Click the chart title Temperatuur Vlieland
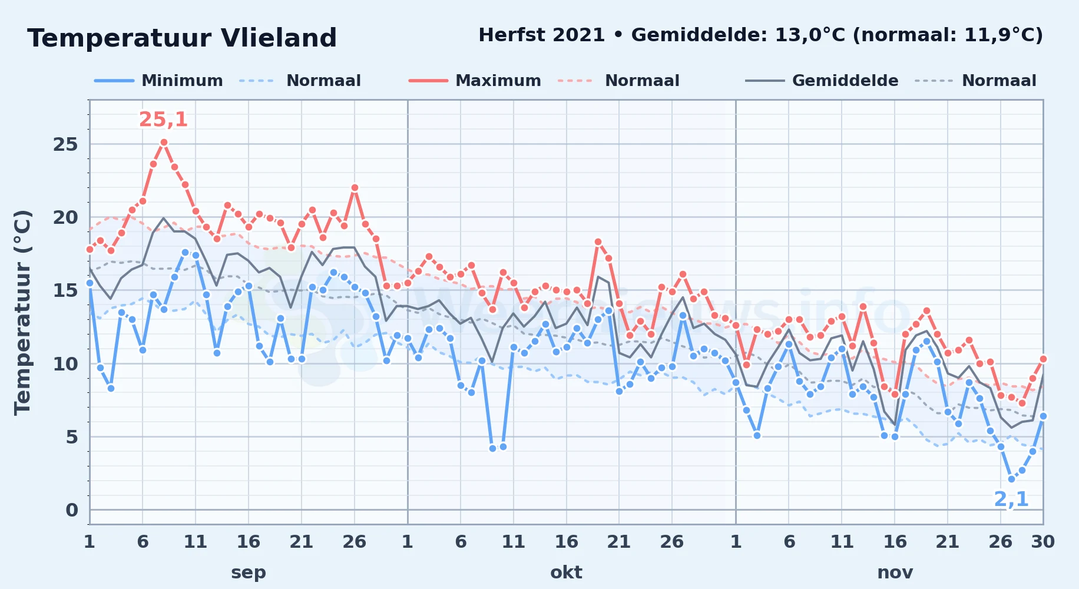pyautogui.click(x=182, y=38)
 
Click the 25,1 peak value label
pyautogui.click(x=163, y=120)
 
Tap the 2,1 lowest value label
pyautogui.click(x=1011, y=499)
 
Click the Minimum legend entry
pyautogui.click(x=159, y=81)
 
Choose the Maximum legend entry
pyautogui.click(x=475, y=81)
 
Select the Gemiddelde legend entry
pyautogui.click(x=822, y=81)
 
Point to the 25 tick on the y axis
pyautogui.click(x=65, y=144)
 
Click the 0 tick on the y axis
pyautogui.click(x=72, y=510)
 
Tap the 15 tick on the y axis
pyautogui.click(x=65, y=290)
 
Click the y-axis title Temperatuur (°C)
pyautogui.click(x=22, y=313)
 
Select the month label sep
pyautogui.click(x=249, y=572)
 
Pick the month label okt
pyautogui.click(x=566, y=572)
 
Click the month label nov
pyautogui.click(x=895, y=572)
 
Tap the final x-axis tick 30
pyautogui.click(x=1042, y=541)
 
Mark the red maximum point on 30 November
pyautogui.click(x=1043, y=359)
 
